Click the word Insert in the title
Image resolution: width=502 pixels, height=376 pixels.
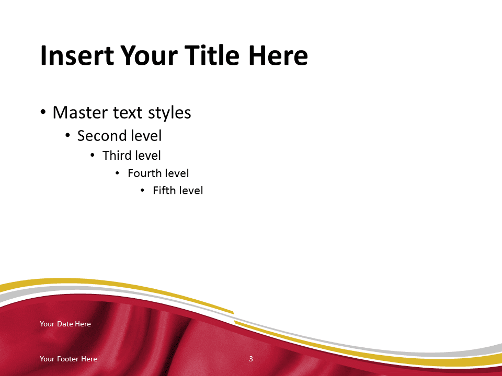(77, 55)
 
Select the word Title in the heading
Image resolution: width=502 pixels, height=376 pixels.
(212, 55)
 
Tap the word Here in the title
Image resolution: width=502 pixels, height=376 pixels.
(278, 55)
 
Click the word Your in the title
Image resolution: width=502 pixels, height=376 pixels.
(149, 55)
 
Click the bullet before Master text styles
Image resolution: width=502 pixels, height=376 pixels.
(43, 112)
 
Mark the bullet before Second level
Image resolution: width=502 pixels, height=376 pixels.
(67, 136)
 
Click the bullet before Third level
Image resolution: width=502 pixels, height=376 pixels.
(93, 156)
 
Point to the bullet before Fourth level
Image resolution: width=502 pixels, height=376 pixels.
(117, 173)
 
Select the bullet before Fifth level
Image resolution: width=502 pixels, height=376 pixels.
(142, 191)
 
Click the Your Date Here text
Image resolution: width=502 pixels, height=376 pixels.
(65, 324)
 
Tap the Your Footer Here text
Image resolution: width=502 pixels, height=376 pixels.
(69, 359)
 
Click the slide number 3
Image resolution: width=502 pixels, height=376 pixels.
(251, 359)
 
